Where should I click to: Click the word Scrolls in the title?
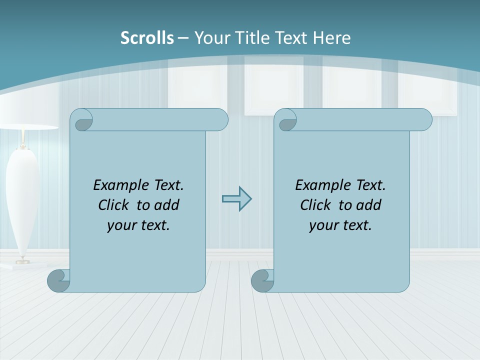(147, 38)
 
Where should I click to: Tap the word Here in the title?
(331, 38)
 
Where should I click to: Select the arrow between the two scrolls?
(236, 199)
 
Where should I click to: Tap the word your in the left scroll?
(120, 225)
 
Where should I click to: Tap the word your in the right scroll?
(322, 225)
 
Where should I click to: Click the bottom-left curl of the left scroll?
(58, 281)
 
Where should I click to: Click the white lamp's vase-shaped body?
(22, 200)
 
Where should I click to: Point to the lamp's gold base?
(22, 261)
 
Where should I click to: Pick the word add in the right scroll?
(369, 205)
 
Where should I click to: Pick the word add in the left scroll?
(167, 205)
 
